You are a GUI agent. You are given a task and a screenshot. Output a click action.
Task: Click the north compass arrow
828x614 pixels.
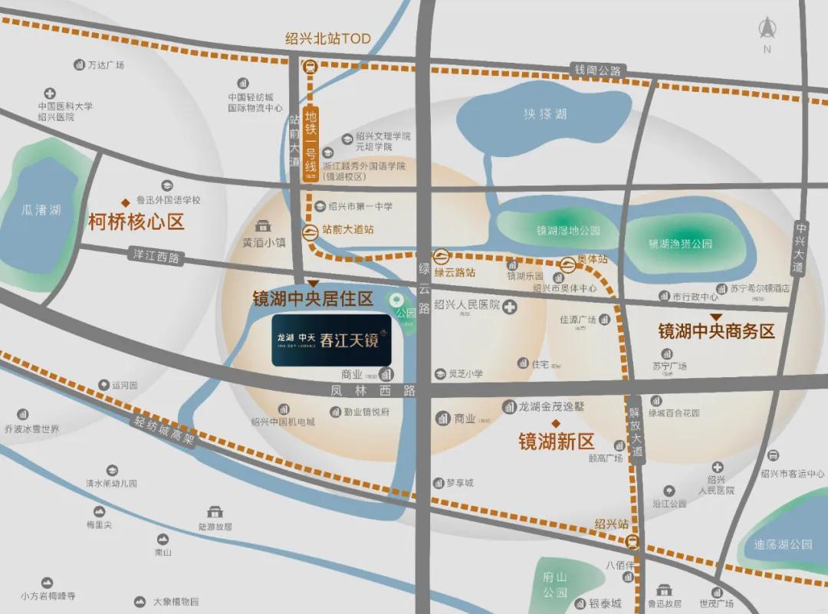767,30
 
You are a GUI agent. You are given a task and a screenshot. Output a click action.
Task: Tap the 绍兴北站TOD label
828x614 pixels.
327,38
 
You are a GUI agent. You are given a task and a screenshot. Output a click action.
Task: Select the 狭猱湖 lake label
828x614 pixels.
545,114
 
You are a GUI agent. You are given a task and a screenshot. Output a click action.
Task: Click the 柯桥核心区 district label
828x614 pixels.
136,222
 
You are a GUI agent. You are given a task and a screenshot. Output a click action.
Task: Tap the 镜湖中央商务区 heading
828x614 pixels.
717,331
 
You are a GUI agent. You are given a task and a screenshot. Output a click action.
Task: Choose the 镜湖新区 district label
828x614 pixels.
557,441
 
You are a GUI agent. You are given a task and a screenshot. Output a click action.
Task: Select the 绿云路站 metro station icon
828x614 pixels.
442,257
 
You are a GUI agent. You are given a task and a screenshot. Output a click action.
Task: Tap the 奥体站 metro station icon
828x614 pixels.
567,265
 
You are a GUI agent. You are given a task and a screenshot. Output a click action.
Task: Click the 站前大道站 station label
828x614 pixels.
347,229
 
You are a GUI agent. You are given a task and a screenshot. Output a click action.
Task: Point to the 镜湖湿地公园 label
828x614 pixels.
568,230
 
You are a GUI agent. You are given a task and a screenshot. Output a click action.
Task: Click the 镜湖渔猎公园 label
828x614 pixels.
680,244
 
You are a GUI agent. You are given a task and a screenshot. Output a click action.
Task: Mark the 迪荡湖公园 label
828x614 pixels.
783,544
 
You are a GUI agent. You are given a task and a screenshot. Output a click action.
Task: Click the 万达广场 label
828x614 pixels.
106,65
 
